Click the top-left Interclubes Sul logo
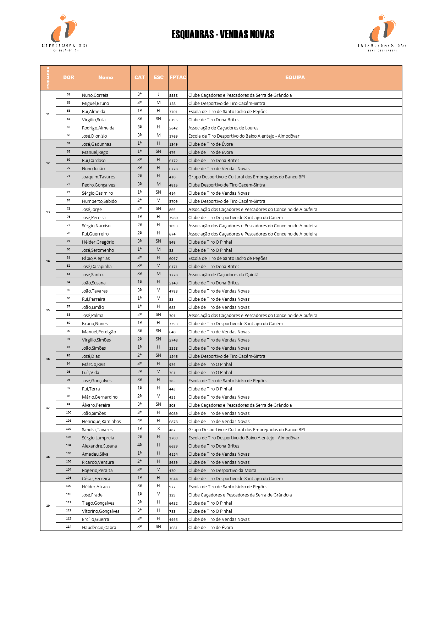64,33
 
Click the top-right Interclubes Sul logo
382,33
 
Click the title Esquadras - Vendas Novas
223,34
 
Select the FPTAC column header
178,77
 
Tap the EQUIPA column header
295,77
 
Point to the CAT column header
139,77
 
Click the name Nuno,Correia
95,95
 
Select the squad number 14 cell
48,261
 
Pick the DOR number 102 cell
68,429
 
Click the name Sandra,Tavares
97,429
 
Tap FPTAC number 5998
173,95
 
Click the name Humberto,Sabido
99,201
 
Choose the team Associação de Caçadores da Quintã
223,274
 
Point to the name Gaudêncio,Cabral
99,527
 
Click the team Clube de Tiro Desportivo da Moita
222,470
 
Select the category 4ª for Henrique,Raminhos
139,421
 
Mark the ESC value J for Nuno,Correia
158,94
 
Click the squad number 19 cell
48,506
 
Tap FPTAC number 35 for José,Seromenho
171,250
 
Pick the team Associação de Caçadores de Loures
223,128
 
